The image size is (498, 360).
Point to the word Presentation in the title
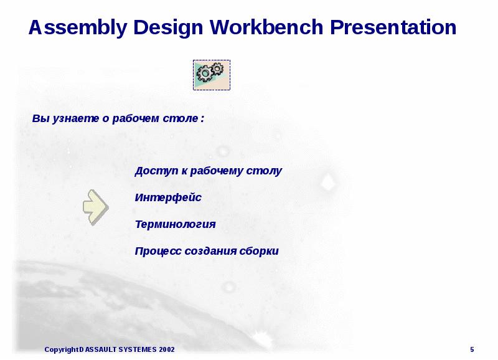coord(393,28)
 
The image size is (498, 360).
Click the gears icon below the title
coord(211,75)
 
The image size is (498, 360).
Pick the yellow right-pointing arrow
coord(96,207)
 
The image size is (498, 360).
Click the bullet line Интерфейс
coord(168,197)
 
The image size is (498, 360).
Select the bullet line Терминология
coord(175,224)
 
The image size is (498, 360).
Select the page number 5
coord(472,349)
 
